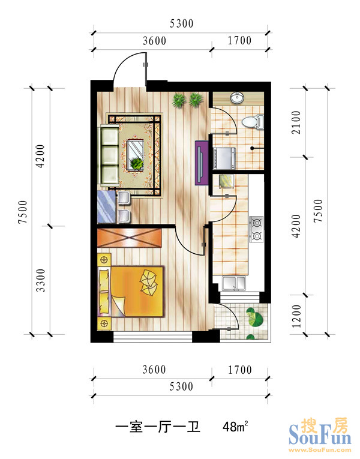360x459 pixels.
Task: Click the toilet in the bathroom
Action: pos(253,122)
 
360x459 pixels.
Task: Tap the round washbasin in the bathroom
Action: pos(237,98)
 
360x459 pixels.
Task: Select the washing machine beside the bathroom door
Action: pos(224,158)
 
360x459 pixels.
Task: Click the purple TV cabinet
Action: pos(202,163)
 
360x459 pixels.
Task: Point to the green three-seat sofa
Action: pos(110,155)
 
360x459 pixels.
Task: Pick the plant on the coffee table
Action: pos(137,163)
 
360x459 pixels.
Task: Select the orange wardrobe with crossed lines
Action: pos(130,238)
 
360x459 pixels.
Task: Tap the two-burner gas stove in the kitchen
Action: pos(256,229)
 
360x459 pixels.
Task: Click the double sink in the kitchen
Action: pos(234,283)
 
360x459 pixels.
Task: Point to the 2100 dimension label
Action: pos(296,122)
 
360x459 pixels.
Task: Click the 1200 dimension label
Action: pos(296,316)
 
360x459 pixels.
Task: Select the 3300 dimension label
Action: pos(40,280)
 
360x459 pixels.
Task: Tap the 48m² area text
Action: pos(235,427)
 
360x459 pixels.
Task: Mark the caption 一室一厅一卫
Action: pos(157,427)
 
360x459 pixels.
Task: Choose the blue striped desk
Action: pos(107,206)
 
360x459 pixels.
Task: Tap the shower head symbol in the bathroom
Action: pos(252,148)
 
